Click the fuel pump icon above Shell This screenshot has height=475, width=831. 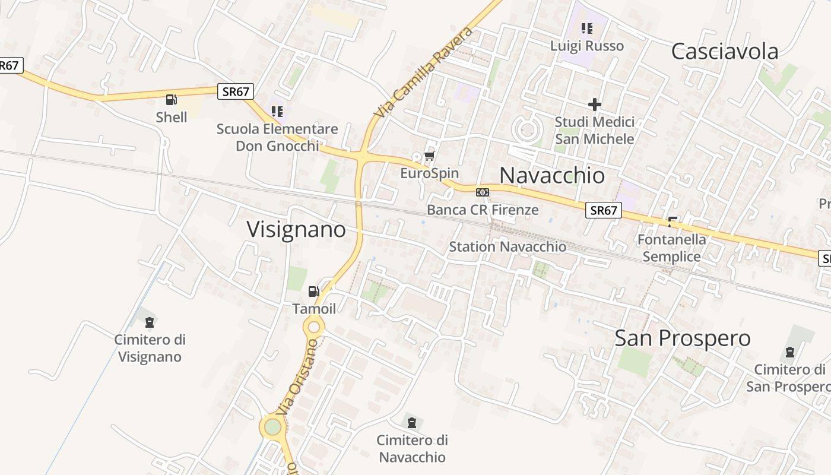[x=172, y=100]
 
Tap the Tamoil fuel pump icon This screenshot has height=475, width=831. [x=313, y=291]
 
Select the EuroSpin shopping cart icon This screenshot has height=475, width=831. [x=430, y=156]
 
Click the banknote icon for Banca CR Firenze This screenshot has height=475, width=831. [x=483, y=192]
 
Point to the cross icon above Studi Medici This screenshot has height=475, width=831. [x=594, y=104]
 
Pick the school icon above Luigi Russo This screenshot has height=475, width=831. [x=587, y=28]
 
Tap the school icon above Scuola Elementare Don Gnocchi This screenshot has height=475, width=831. [x=277, y=111]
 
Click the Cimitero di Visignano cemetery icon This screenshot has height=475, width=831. [x=150, y=322]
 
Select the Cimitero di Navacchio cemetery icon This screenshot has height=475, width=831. [x=412, y=423]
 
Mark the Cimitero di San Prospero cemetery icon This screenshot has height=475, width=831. [x=789, y=352]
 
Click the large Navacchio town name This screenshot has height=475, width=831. [x=552, y=175]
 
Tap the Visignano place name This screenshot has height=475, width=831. [x=296, y=229]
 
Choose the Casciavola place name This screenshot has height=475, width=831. [x=724, y=52]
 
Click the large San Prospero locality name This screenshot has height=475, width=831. [x=682, y=338]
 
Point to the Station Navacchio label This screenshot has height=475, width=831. [x=508, y=246]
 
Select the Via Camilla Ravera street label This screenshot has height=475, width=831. [x=424, y=71]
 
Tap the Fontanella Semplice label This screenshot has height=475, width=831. [x=671, y=248]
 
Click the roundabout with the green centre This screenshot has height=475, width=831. [x=272, y=426]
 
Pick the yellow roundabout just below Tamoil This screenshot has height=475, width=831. [x=314, y=326]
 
